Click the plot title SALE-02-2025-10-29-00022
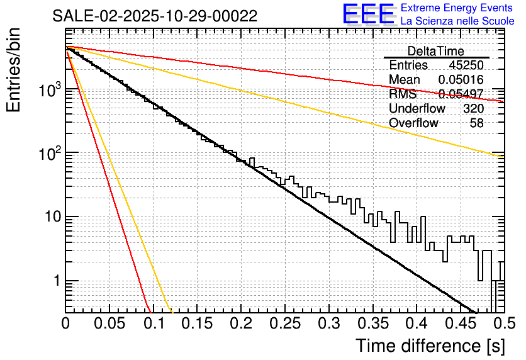click(155, 16)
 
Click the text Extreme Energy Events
click(458, 8)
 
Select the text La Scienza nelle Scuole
click(458, 21)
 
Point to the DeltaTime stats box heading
click(435, 51)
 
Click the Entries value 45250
click(466, 65)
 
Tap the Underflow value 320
click(473, 109)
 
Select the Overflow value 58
click(477, 123)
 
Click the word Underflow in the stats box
click(417, 109)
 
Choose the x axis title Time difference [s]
click(430, 346)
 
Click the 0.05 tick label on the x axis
click(109, 323)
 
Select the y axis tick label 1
click(56, 281)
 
